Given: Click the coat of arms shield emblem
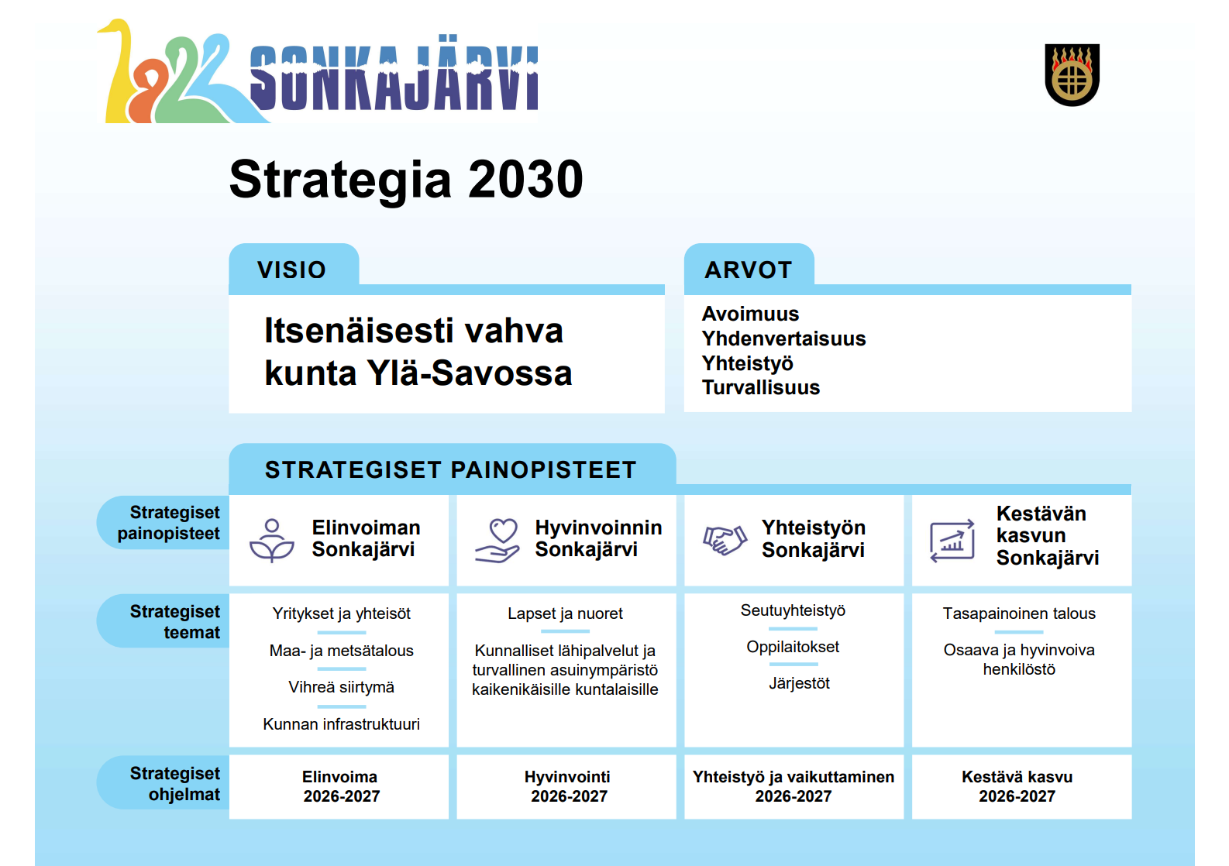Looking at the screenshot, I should pos(1072,75).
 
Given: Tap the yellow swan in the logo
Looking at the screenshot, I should pos(118,77).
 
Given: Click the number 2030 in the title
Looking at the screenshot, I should pos(525,180).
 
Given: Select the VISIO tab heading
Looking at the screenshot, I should pos(292,270).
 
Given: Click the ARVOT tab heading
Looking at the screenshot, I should pos(748,270).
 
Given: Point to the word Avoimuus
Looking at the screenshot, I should pos(750,314).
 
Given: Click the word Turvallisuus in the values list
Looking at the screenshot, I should pos(760,387).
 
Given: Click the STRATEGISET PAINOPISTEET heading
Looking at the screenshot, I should pos(450,469).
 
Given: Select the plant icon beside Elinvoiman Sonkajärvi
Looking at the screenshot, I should pos(272,540).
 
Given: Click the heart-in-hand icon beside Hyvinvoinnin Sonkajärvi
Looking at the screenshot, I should pos(497,540).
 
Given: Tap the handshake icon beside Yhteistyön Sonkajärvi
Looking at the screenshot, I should pos(725,540).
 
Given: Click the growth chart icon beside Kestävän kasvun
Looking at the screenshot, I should pos(952,541).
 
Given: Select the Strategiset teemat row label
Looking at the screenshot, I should pos(174,621).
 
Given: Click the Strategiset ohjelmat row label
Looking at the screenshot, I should pos(174,783).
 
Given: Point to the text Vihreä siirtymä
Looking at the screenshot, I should pos(341,687).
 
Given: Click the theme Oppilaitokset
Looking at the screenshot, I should pos(793,647).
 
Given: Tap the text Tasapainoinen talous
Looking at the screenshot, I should pos(1019,613).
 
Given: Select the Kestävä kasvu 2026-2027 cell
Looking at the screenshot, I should pos(1017,786).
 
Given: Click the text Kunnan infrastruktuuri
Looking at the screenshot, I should pos(341,724).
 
